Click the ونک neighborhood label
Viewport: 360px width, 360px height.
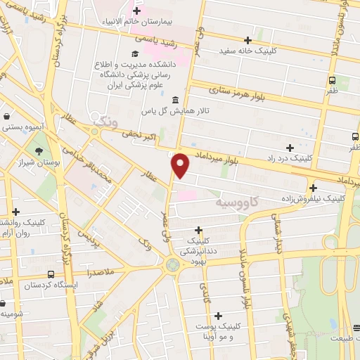point(103,122)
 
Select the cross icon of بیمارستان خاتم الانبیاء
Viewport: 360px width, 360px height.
point(137,11)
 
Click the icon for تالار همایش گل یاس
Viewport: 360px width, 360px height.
point(174,101)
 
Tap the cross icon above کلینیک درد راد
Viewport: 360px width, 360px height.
point(290,147)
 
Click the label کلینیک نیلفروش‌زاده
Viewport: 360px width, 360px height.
point(311,198)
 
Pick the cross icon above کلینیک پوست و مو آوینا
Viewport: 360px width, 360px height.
point(218,316)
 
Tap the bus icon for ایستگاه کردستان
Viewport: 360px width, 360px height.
point(51,274)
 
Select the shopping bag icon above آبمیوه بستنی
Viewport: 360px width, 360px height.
point(6,117)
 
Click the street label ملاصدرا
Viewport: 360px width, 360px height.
point(105,270)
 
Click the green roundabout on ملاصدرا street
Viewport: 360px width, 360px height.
point(172,265)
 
